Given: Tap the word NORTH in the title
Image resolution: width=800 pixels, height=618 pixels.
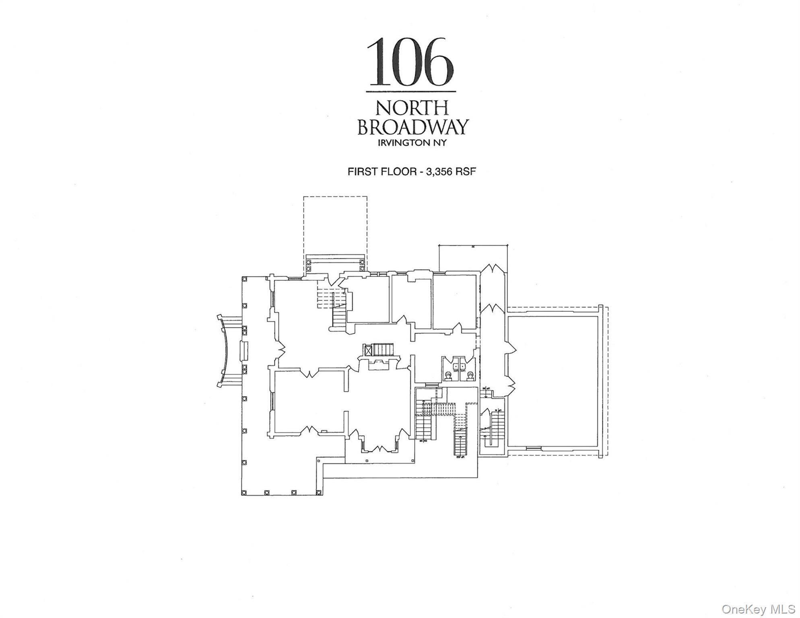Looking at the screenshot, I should (x=412, y=107).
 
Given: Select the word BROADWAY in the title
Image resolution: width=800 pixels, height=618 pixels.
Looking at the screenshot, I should (x=413, y=127).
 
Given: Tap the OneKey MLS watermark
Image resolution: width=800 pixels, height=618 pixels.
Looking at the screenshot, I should (x=758, y=609).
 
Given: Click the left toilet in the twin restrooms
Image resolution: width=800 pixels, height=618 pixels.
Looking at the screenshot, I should (x=448, y=376).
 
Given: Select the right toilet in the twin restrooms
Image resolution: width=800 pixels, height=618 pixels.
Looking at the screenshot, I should (x=470, y=376).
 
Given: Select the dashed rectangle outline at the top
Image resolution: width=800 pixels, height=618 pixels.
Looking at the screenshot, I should (x=335, y=225).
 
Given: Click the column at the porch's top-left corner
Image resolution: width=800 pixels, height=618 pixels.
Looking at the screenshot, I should (x=244, y=278).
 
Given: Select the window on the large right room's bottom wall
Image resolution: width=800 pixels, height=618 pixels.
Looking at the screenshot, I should (x=534, y=448).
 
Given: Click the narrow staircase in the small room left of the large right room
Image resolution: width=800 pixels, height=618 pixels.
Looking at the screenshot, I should (x=498, y=426).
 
